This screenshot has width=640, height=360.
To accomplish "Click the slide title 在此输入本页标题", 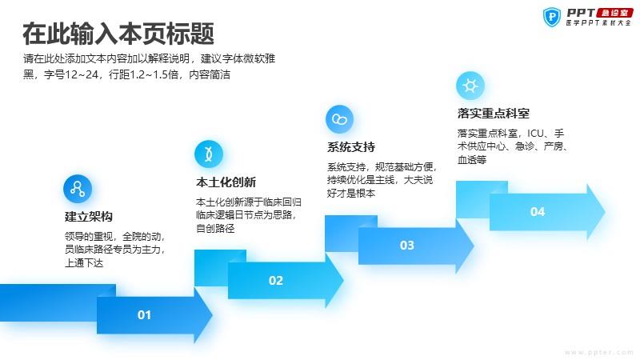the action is pyautogui.click(x=118, y=34).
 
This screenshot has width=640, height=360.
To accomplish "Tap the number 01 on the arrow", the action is pyautogui.click(x=145, y=315).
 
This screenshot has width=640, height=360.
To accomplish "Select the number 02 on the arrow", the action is pyautogui.click(x=276, y=281).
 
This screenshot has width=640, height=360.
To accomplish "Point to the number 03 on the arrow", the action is pyautogui.click(x=407, y=246).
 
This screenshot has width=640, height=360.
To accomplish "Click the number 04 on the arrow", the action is pyautogui.click(x=538, y=212).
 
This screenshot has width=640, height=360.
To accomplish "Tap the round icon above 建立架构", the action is pyautogui.click(x=78, y=189).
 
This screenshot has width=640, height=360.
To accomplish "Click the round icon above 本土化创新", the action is pyautogui.click(x=209, y=154).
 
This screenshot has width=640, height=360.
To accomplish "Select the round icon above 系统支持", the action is pyautogui.click(x=339, y=119).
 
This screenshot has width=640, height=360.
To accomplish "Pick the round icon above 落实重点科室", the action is pyautogui.click(x=470, y=86).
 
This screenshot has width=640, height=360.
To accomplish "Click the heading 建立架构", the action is pyautogui.click(x=89, y=217).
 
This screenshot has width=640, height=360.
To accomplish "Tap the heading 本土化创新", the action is pyautogui.click(x=226, y=182).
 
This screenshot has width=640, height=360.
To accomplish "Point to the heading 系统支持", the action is pyautogui.click(x=351, y=147).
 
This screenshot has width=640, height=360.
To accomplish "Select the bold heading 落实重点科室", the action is pyautogui.click(x=494, y=113).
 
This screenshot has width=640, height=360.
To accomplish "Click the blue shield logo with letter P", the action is pyautogui.click(x=552, y=17).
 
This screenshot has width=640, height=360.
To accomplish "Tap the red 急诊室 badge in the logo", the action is pyautogui.click(x=614, y=13).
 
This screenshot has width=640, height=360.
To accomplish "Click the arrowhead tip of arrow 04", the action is pyautogui.click(x=605, y=211).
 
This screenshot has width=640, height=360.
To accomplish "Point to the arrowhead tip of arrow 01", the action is pyautogui.click(x=212, y=314).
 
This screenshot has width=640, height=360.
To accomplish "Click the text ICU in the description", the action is pyautogui.click(x=535, y=134).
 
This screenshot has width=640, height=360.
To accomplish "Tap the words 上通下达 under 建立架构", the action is pyautogui.click(x=84, y=263).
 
